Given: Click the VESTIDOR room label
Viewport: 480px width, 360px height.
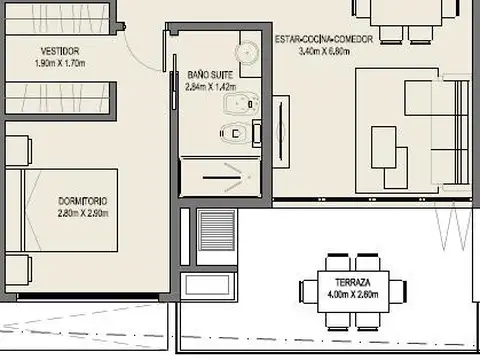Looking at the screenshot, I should point(61,51).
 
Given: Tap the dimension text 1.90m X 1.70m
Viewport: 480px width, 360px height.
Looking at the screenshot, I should point(61,62).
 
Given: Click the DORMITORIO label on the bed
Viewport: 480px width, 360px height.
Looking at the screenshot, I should point(82,202).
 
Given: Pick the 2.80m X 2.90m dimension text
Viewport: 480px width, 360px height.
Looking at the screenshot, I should point(82,213).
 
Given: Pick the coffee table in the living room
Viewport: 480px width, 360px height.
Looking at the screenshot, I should point(383,148).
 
